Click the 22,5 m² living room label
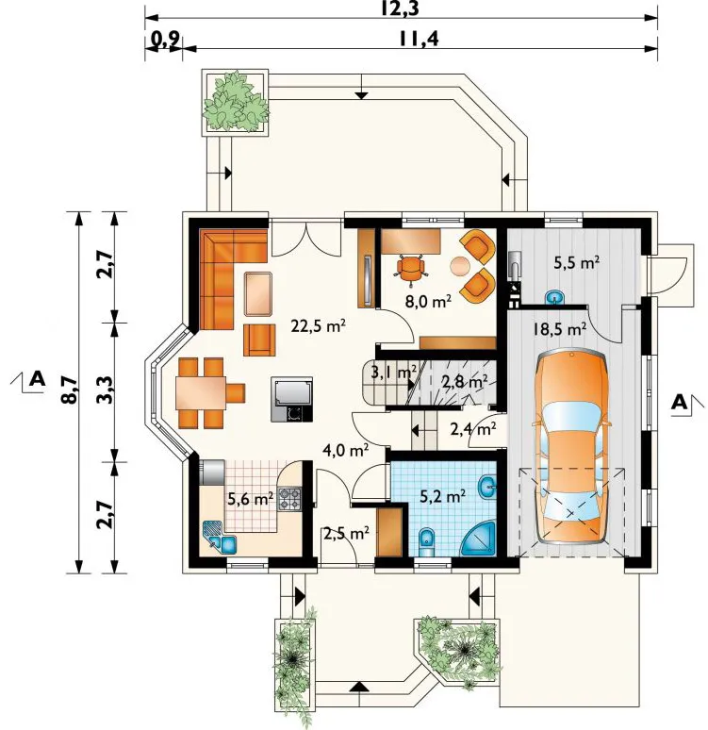(x=318, y=326)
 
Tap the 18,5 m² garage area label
(x=559, y=329)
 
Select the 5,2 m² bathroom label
(x=443, y=497)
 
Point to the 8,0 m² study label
(x=428, y=302)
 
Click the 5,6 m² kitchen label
(x=250, y=499)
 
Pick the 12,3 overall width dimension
(x=400, y=9)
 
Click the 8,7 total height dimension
(x=69, y=390)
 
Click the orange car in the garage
(x=571, y=447)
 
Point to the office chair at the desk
(x=411, y=269)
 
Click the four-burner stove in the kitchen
(x=289, y=499)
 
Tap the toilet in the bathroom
(x=426, y=542)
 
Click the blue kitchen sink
(x=221, y=538)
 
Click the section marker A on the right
(x=680, y=402)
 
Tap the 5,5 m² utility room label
(x=576, y=263)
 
